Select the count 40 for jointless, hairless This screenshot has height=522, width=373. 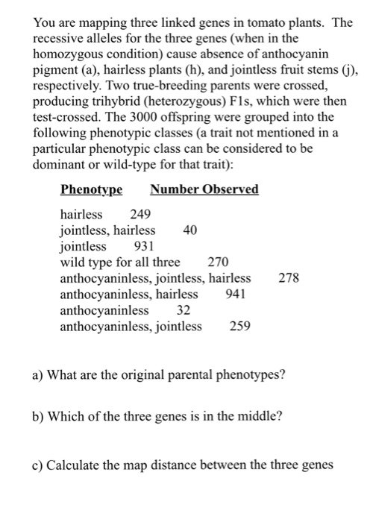click(190, 230)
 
